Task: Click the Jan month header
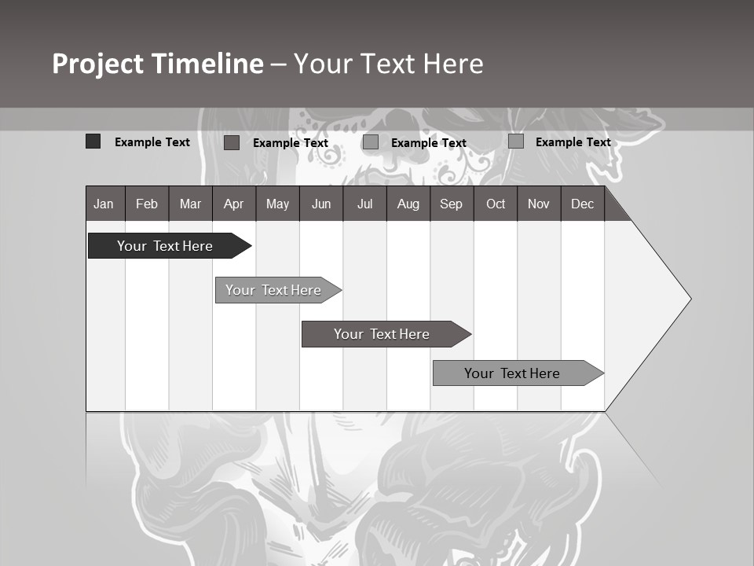click(104, 204)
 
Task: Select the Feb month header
click(147, 204)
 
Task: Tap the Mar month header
click(190, 204)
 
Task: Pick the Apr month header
click(234, 204)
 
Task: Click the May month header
click(277, 204)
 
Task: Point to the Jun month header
click(321, 204)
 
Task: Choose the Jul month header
click(364, 204)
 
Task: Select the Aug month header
click(408, 204)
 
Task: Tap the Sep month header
click(452, 204)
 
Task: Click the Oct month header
click(496, 204)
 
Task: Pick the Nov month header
click(539, 204)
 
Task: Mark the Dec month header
click(583, 204)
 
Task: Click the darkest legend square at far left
click(93, 141)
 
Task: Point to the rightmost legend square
click(516, 141)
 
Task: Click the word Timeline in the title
click(207, 64)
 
